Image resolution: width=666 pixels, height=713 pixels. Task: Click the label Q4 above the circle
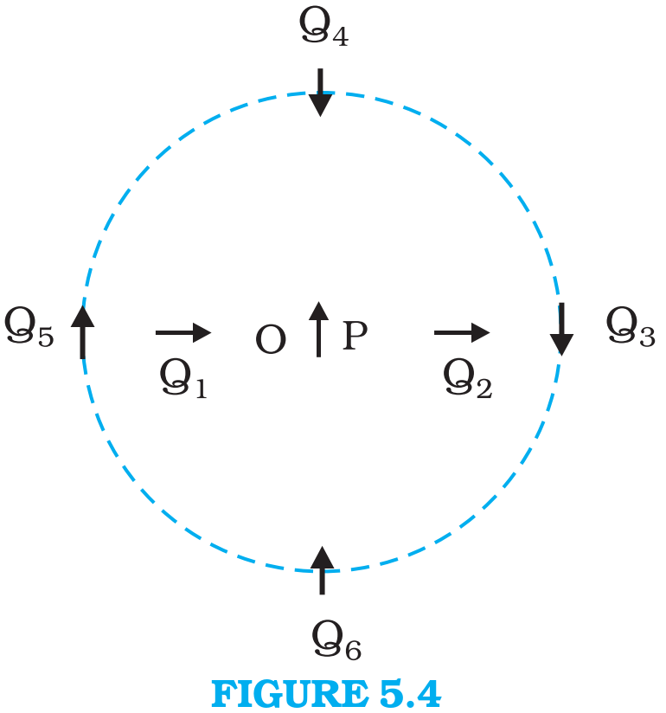323,28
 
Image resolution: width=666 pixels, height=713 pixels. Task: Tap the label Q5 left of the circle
29,327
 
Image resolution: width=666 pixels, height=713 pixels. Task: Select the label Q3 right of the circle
631,327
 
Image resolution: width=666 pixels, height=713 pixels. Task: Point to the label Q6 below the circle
336,640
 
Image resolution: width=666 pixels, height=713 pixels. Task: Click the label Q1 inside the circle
183,379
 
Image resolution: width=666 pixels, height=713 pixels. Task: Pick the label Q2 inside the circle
467,379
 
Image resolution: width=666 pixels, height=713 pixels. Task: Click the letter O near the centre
271,339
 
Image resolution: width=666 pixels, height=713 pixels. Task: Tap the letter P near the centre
355,336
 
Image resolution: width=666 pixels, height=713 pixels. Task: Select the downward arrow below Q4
321,93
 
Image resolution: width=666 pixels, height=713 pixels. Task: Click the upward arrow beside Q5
83,332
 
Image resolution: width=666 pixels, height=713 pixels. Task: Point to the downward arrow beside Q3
561,329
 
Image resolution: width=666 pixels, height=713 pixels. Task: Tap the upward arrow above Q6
323,570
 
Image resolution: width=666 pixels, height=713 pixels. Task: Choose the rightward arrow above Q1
183,333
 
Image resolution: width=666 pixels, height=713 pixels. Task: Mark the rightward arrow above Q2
462,333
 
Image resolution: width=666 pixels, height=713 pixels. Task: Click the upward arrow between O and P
318,329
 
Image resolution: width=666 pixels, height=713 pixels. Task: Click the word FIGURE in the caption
290,694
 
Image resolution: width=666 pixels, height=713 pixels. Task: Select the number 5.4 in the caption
410,694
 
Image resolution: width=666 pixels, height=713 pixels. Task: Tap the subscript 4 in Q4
341,36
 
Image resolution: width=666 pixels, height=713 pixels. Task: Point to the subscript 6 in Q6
353,650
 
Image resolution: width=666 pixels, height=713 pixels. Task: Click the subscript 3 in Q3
647,337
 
